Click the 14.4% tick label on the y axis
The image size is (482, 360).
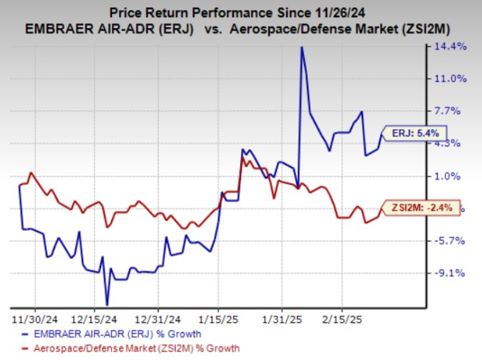[x=454, y=47]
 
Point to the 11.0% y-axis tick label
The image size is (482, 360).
[x=454, y=79]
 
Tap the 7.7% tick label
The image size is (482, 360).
[x=456, y=111]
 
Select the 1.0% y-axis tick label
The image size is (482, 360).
[x=456, y=176]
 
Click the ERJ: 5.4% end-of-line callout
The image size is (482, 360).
[x=411, y=133]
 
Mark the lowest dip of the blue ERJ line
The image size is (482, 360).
[x=107, y=304]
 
